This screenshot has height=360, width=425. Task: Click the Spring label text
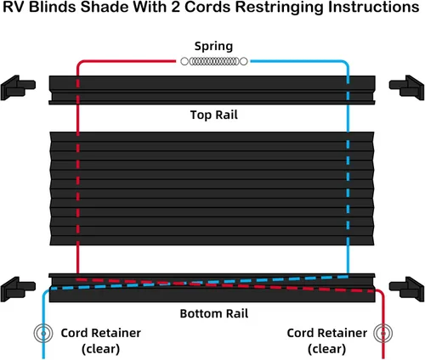click(213, 47)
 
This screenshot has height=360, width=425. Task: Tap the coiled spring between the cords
click(214, 61)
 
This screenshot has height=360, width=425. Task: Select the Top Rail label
click(214, 115)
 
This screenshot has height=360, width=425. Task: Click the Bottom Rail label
click(214, 313)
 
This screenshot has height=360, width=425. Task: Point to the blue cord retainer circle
click(43, 334)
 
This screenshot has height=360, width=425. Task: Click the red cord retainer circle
click(383, 334)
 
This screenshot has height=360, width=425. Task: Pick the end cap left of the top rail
click(18, 87)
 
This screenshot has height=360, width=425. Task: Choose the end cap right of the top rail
click(407, 87)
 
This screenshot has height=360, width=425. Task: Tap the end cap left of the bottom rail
click(18, 289)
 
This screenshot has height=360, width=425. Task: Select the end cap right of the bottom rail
click(407, 289)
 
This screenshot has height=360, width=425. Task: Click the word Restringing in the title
click(280, 8)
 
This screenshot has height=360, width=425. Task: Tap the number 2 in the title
click(176, 7)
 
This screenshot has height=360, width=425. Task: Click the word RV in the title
click(14, 7)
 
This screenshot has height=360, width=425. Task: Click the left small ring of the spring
click(184, 61)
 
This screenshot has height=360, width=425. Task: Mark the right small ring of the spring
click(244, 61)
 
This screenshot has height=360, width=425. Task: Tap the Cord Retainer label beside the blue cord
click(101, 340)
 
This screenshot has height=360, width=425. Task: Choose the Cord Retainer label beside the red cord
click(327, 340)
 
